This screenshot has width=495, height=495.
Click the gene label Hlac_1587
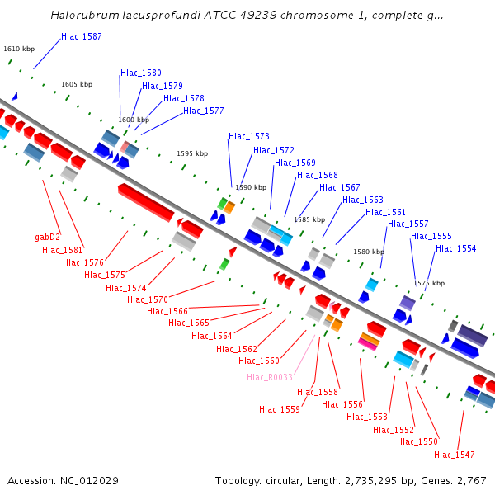pos(82,37)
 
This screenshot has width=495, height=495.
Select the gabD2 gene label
pos(48,238)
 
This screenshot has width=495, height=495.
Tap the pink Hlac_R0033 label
pos(269,377)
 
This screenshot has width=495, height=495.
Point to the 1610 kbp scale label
pos(19,49)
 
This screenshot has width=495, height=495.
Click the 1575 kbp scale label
pos(430,283)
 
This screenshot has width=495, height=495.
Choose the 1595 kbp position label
pos(192,153)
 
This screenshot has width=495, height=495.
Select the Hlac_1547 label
pos(455,455)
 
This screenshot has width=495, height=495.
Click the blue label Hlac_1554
pos(456,248)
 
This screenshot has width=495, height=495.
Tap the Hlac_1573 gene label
pos(249,136)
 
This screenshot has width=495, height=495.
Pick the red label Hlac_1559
pos(280,409)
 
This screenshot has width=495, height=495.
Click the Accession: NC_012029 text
pos(64,480)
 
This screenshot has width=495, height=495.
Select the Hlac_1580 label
pos(141,73)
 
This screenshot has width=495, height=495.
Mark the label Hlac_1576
pos(83,262)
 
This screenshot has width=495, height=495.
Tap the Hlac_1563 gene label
pos(363,200)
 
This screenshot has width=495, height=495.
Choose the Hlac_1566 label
pos(167,311)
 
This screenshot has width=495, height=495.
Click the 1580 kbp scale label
pos(369,252)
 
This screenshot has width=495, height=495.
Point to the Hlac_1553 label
pos(367,417)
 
